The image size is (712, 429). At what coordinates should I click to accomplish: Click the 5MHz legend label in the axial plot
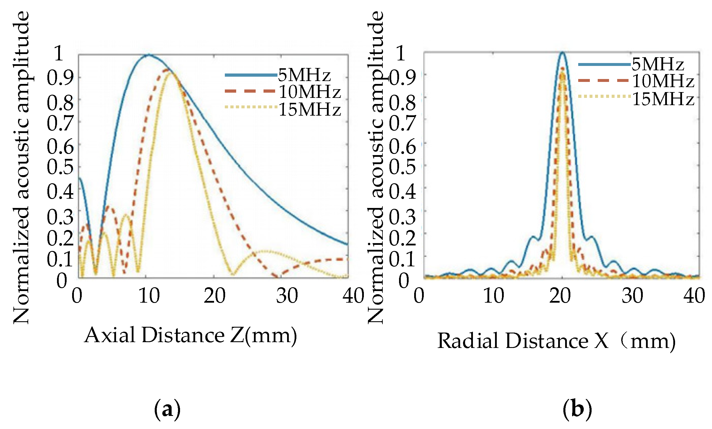[304, 75]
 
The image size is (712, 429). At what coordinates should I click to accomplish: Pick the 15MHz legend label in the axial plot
[309, 110]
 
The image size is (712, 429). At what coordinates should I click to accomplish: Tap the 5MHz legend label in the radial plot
[658, 64]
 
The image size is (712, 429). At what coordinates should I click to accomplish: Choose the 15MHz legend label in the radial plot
[663, 99]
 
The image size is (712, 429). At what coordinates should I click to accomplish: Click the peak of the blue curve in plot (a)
[149, 55]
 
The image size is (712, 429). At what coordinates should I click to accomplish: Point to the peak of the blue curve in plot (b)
[562, 53]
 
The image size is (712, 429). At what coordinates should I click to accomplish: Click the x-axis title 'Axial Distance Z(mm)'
[191, 335]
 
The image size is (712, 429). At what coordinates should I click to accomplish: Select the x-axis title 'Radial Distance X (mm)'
[556, 340]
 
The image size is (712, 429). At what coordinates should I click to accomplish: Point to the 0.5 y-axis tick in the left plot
[60, 167]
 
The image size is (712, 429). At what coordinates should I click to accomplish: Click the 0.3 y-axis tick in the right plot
[402, 217]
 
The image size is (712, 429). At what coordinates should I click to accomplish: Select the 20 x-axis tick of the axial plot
[214, 296]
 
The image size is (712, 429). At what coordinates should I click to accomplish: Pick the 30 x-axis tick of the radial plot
[632, 296]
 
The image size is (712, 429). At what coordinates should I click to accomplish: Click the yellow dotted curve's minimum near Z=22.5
[233, 274]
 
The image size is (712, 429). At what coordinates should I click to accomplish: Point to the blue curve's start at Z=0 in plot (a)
[79, 178]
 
